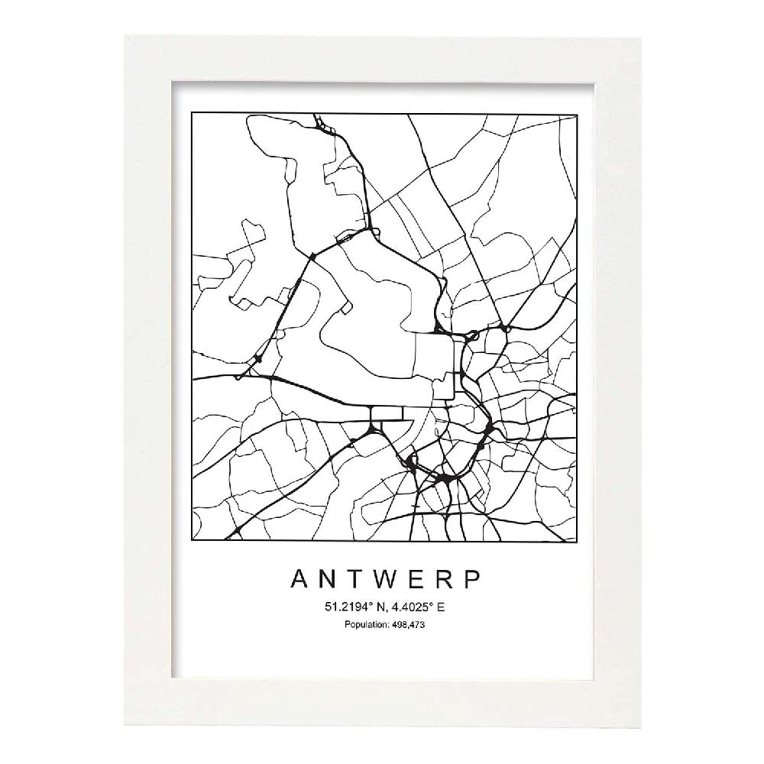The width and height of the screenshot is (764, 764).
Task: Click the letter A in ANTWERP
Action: click(300, 579)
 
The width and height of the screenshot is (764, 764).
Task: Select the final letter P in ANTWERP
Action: click(472, 579)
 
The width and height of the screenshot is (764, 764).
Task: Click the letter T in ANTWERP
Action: click(347, 579)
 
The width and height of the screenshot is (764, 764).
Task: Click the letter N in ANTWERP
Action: click(322, 579)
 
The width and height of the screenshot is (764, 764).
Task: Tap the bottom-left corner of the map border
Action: click(190, 542)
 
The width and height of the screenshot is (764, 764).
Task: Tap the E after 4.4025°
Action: click(440, 608)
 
